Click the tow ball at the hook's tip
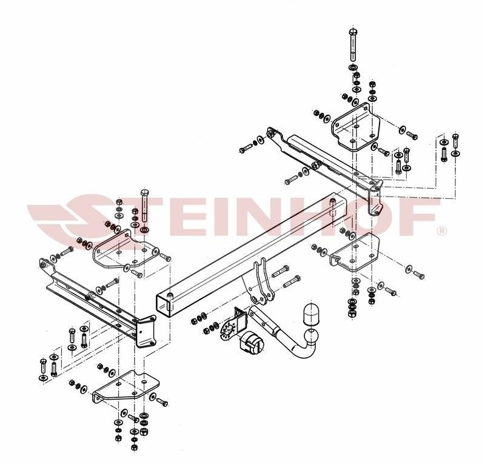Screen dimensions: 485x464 312,335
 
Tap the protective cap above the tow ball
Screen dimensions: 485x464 310,314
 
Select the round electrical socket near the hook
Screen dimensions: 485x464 252,344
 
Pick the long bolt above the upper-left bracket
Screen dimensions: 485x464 144,206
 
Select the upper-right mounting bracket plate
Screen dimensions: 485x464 356,127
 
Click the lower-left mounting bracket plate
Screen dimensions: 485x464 127,387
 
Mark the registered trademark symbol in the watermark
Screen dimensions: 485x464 442,231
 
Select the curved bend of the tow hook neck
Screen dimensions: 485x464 305,351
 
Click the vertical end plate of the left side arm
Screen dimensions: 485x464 146,332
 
